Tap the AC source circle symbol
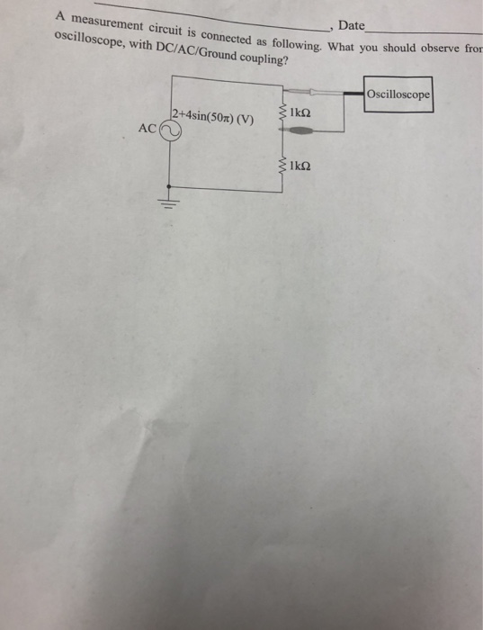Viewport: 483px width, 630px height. pyautogui.click(x=171, y=130)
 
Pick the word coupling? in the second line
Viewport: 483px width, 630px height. pyautogui.click(x=261, y=58)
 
